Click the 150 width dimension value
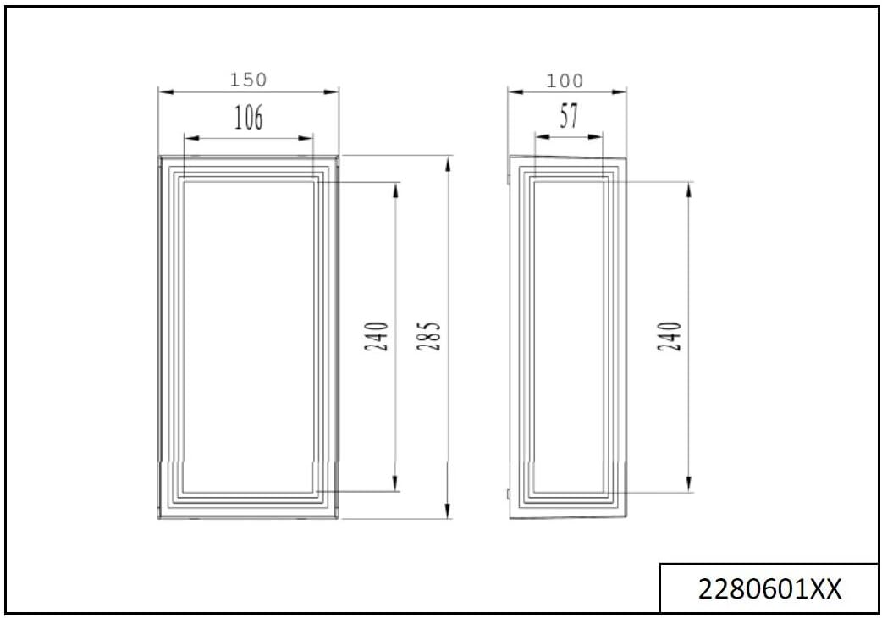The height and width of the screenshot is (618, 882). (248, 80)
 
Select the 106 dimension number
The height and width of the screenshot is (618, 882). (248, 119)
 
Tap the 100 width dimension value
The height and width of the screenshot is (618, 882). (565, 80)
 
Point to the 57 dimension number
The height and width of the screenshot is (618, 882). (570, 116)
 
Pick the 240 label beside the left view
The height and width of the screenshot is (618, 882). (378, 337)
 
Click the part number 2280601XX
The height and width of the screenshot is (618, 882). (769, 588)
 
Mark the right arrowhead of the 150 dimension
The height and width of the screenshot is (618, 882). (334, 91)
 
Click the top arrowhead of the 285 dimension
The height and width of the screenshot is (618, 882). (446, 161)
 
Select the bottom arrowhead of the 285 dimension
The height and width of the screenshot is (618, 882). (446, 513)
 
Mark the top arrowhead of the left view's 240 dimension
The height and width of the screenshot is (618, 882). (395, 187)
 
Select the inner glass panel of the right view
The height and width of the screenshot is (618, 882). (568, 336)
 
